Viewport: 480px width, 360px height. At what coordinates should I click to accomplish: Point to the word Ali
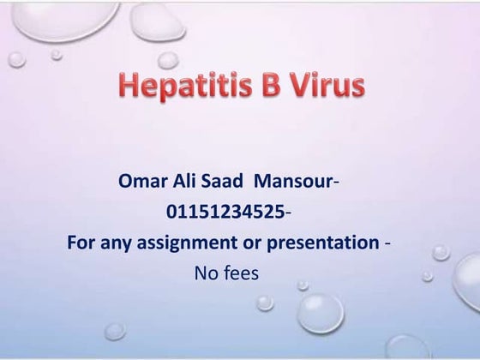click(189, 182)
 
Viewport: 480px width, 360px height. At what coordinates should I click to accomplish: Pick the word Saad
click(227, 182)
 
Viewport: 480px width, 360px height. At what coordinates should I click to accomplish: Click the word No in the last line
click(207, 273)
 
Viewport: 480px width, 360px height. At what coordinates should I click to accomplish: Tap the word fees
click(243, 273)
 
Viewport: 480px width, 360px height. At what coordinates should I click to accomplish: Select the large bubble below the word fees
click(320, 313)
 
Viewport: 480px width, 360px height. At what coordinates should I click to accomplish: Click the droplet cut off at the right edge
click(468, 279)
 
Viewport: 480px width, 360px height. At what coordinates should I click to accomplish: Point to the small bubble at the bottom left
click(115, 331)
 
